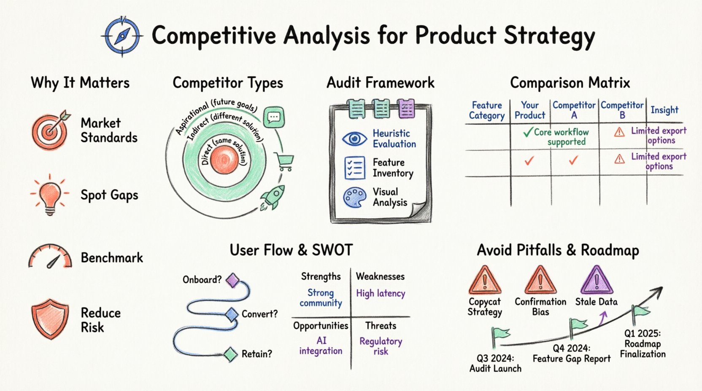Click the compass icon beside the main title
122,36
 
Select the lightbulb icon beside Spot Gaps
50,194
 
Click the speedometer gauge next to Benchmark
50,257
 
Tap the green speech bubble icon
274,117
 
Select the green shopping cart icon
284,161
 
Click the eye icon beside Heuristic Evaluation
354,139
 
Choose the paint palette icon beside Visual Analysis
354,197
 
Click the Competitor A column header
574,110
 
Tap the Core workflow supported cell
556,137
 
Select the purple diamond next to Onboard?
232,280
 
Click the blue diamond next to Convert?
232,314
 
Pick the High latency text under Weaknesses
381,293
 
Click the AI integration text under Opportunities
321,345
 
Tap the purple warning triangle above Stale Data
597,281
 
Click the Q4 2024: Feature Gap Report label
571,354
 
